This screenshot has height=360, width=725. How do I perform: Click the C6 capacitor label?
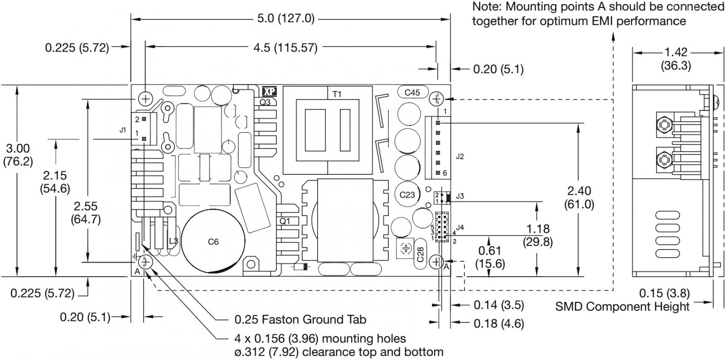tap(213, 242)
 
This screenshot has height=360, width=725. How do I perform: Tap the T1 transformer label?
tap(337, 94)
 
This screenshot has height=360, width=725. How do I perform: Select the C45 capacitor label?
tap(412, 92)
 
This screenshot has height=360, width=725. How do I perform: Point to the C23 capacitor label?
tap(407, 195)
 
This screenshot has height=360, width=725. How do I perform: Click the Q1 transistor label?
tap(285, 221)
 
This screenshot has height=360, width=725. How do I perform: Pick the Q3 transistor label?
tap(265, 102)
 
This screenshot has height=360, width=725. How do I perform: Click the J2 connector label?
tap(460, 157)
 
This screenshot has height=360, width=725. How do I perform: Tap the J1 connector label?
tap(123, 130)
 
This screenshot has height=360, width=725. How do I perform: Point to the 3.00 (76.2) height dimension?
tap(18, 155)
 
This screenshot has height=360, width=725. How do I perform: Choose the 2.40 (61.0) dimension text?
tap(579, 197)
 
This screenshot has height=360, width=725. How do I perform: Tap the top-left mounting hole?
tap(146, 98)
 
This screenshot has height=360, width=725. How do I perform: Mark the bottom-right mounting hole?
tap(436, 262)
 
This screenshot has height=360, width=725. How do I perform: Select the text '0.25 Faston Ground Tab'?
tap(300, 320)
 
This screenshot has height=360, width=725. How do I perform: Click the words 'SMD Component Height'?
tap(622, 307)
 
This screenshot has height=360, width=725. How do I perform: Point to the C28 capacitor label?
tap(420, 254)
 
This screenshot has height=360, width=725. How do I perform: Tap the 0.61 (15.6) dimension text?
tap(490, 257)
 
